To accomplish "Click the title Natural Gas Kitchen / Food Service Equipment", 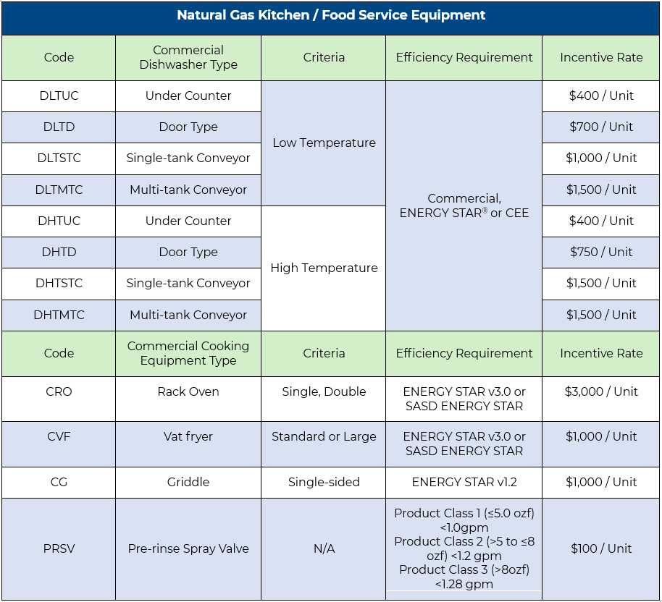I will tap(331, 15).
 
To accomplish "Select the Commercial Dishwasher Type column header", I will tap(188, 58).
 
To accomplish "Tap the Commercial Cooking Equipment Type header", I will tap(188, 353).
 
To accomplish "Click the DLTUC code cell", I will tap(59, 96).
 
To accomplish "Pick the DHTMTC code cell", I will tap(59, 315).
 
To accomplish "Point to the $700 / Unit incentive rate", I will tap(601, 127).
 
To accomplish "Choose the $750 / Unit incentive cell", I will tap(601, 252).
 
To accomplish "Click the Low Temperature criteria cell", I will tap(324, 143).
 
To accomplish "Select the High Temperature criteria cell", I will tap(324, 268).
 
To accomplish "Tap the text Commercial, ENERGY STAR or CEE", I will tap(464, 205).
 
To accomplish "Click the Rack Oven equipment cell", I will tap(188, 391).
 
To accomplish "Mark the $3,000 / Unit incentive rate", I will tap(601, 391).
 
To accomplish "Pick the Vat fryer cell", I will tap(188, 436).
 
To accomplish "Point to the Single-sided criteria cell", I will tap(324, 482).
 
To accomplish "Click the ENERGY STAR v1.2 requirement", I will tap(464, 482).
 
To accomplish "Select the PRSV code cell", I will tap(59, 548).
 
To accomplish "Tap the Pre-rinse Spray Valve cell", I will tap(188, 548).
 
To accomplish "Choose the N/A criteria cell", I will tap(324, 548).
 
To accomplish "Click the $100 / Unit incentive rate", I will tap(601, 548).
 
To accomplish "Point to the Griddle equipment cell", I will tap(188, 482).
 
